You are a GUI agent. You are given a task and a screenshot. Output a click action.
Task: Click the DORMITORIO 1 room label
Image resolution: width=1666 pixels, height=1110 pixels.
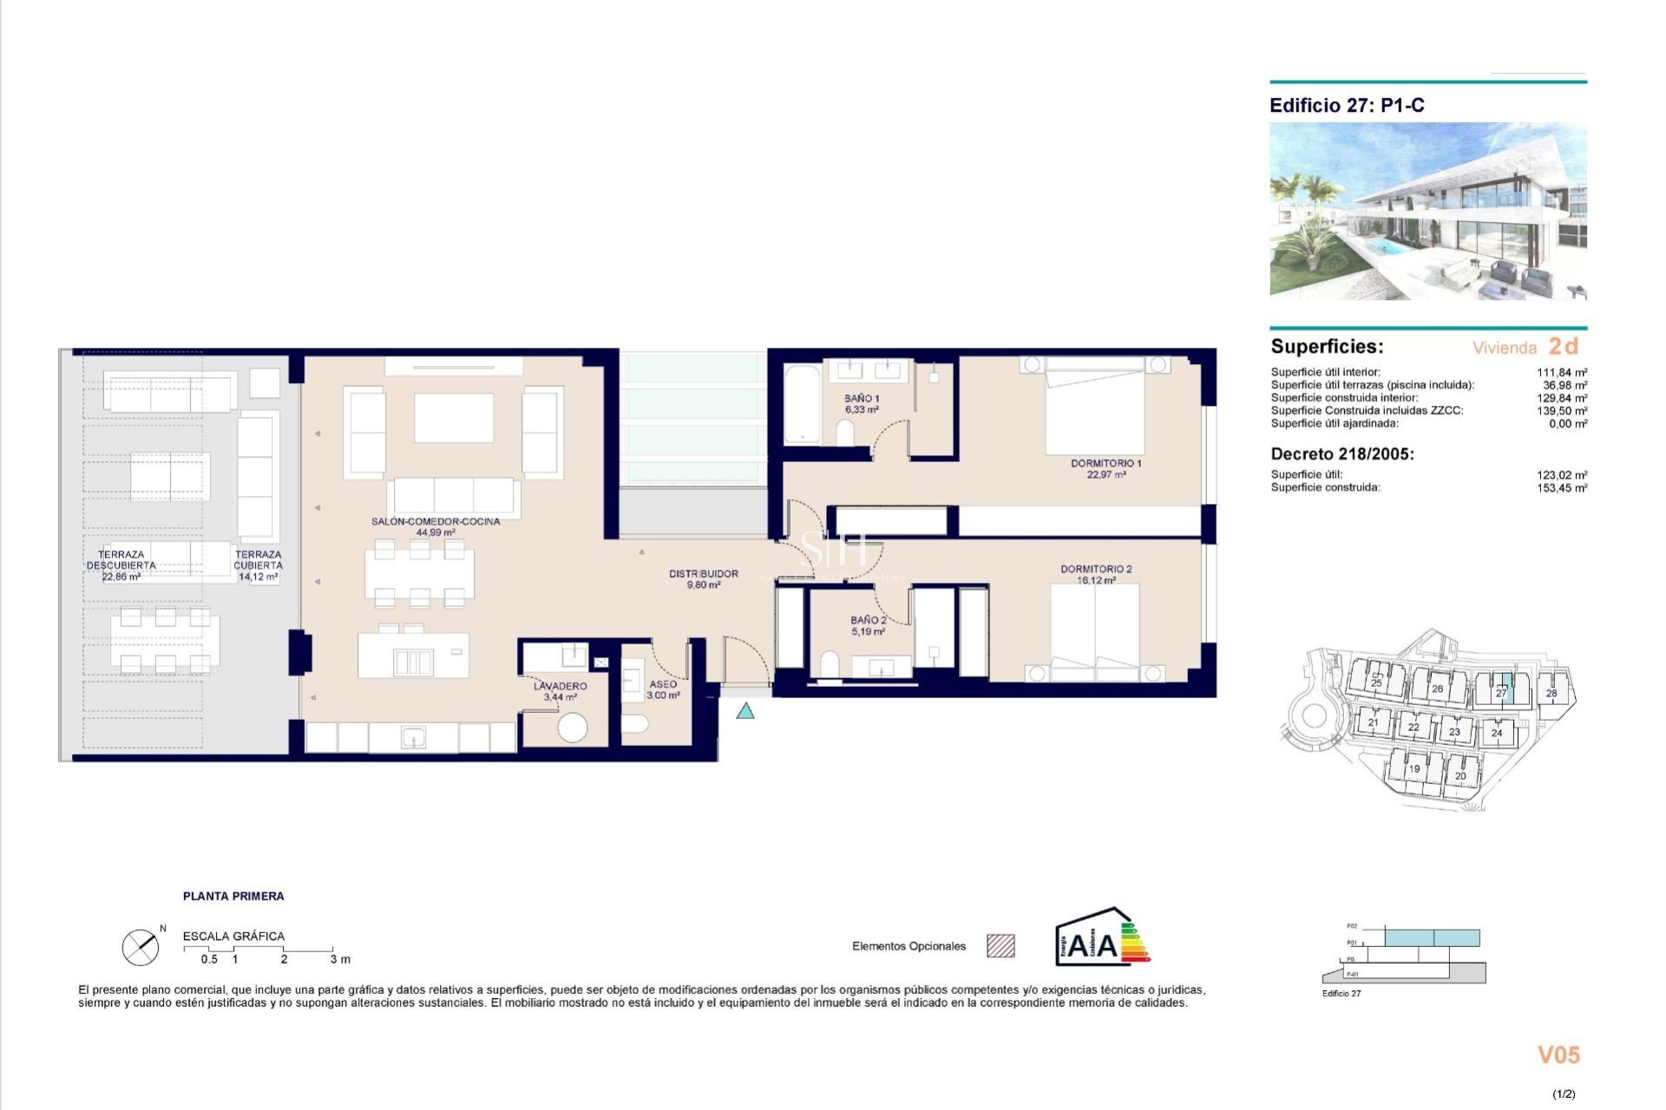pos(1105,468)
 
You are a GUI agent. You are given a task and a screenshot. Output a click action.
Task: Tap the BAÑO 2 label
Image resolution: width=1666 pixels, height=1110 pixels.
pos(868,625)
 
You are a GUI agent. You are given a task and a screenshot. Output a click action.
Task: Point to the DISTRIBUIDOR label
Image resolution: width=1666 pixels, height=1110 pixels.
pos(703,578)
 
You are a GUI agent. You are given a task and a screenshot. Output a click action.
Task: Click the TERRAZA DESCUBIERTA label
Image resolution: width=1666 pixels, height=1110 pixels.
pos(121,565)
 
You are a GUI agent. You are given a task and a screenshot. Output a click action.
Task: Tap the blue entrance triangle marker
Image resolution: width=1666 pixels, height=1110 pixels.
pos(744,712)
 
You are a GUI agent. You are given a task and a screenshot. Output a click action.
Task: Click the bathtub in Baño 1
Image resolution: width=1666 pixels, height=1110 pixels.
pos(802,405)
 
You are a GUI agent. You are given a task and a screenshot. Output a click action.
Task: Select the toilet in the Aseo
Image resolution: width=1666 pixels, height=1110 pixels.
pos(636,723)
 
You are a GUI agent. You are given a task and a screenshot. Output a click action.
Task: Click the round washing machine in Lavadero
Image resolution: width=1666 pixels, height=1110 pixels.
pos(572,727)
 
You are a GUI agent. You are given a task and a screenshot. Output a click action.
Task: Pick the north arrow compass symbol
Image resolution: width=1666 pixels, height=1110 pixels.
pos(141,947)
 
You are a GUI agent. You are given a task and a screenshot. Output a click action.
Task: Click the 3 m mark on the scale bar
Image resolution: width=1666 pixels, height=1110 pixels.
pos(339,959)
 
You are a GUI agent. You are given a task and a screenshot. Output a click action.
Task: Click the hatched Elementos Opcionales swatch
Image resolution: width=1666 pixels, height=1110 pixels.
pos(1000,946)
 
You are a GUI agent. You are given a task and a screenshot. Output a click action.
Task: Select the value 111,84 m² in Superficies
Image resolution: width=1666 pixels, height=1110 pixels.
pos(1561,372)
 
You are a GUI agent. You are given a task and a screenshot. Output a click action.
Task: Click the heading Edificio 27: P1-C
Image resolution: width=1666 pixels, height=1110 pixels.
pos(1347,106)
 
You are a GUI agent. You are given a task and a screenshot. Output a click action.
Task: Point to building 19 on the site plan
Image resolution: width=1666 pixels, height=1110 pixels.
pos(1413,768)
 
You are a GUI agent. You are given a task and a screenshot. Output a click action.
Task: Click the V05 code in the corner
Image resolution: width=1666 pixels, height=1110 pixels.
pos(1558,1055)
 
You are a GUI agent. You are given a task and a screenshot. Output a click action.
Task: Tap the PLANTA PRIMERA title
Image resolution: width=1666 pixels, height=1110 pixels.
pos(233,896)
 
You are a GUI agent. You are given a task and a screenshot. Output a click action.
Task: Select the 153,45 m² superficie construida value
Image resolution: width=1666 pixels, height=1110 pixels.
pos(1561,488)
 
